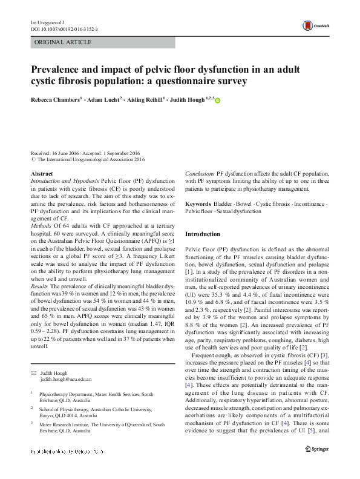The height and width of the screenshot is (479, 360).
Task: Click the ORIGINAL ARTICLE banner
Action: pyautogui.click(x=64, y=42)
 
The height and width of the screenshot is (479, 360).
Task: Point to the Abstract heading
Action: pyautogui.click(x=41, y=174)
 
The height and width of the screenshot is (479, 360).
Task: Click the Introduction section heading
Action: pyautogui.click(x=203, y=234)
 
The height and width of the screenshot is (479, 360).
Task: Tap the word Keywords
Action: pyautogui.click(x=198, y=204)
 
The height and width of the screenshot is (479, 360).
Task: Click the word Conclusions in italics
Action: pyautogui.click(x=199, y=174)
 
